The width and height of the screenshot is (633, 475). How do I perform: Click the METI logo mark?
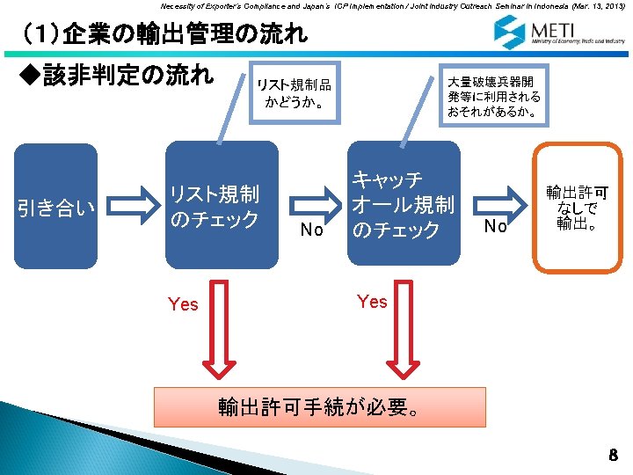point(508,32)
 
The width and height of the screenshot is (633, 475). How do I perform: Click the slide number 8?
point(613,455)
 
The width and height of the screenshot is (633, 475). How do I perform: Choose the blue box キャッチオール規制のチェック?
point(403,203)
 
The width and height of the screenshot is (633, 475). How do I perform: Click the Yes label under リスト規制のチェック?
point(183,304)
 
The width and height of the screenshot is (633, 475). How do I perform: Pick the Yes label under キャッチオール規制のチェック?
point(372,302)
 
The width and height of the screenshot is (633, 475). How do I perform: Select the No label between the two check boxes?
point(310,231)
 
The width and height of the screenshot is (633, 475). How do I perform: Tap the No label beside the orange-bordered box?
point(496,227)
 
